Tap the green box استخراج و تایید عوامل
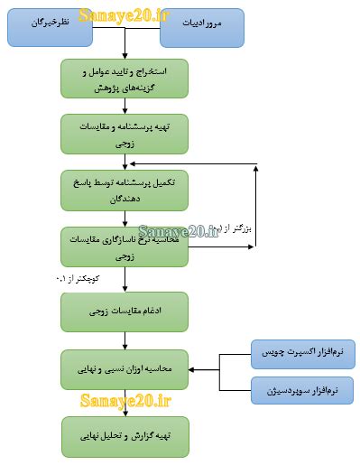click(125, 79)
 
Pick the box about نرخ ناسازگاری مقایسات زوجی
click(125, 246)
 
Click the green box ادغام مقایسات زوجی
click(125, 311)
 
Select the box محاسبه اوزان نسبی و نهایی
click(125, 368)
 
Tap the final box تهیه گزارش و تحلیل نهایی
click(125, 436)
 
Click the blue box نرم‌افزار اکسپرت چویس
click(302, 348)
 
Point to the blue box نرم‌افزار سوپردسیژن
click(302, 390)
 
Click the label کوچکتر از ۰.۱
click(82, 279)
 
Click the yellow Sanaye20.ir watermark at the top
click(124, 14)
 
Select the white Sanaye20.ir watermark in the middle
click(179, 232)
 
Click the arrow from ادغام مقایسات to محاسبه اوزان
click(125, 340)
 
